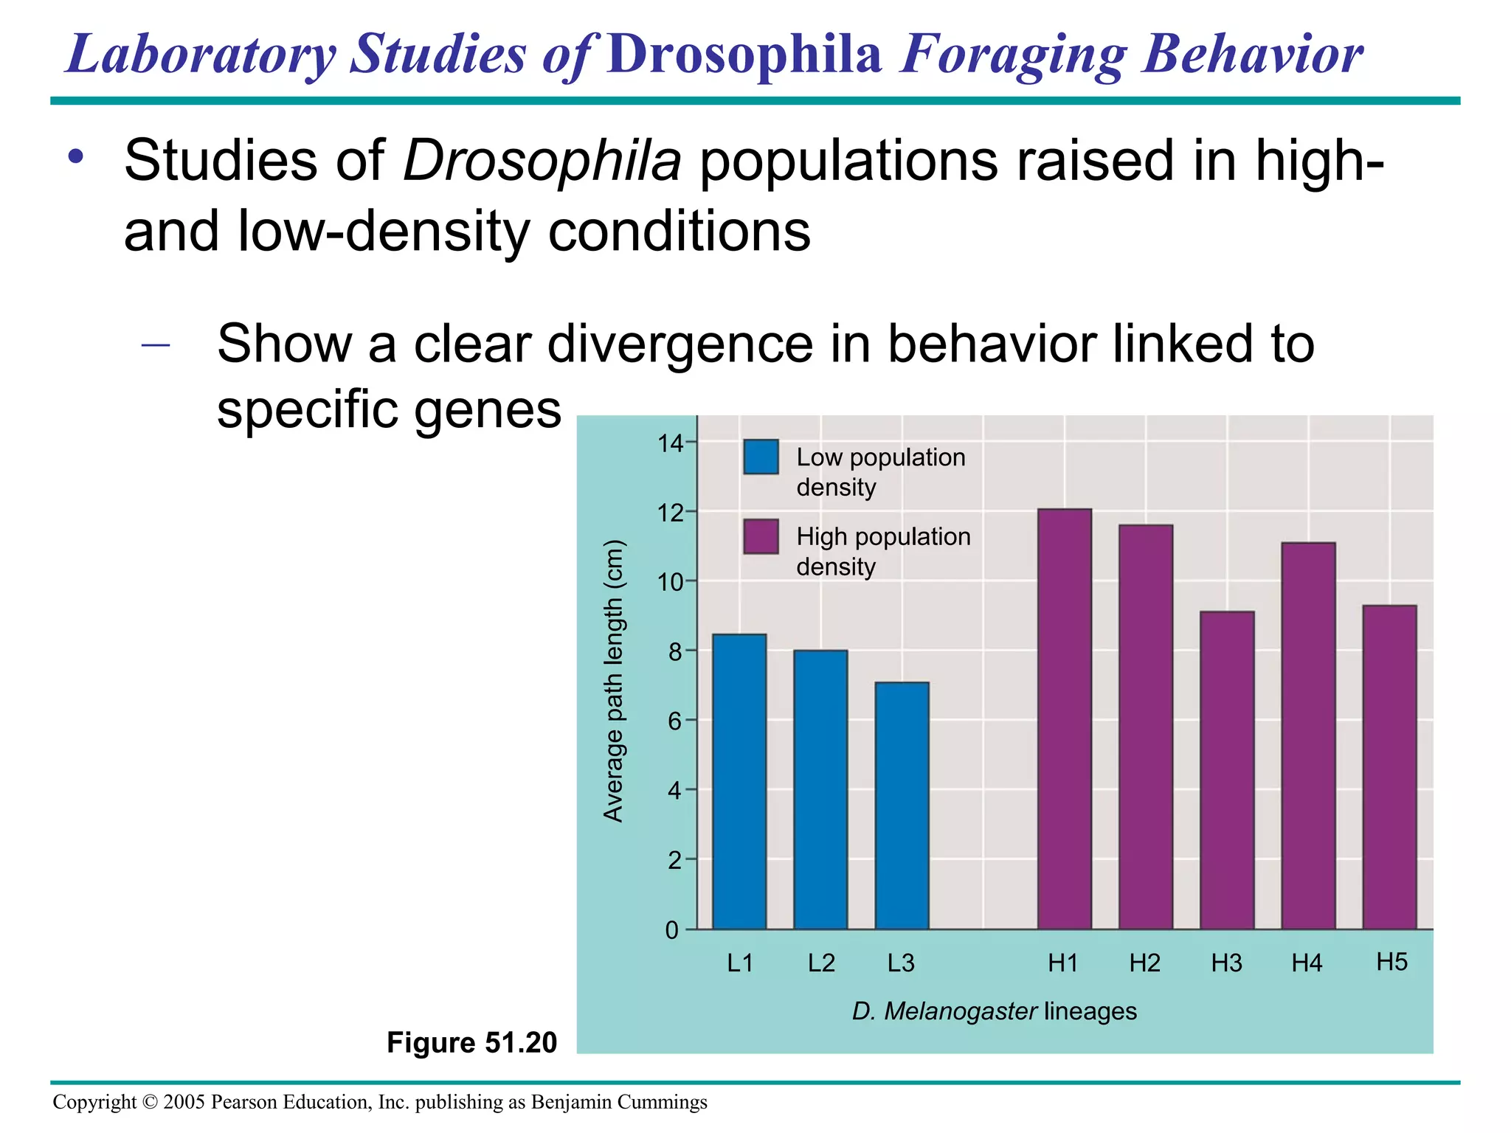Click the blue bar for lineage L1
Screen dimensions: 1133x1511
click(x=739, y=782)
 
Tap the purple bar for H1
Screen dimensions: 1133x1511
click(x=1064, y=719)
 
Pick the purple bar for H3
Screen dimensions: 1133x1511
click(x=1226, y=770)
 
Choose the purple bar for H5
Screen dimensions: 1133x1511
click(x=1389, y=767)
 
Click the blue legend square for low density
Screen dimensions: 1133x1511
click(x=761, y=457)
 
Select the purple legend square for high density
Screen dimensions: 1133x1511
click(x=761, y=536)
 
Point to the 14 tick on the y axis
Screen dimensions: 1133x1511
click(x=671, y=443)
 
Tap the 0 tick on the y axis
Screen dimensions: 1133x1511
click(x=672, y=930)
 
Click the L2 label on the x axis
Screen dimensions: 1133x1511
click(x=821, y=963)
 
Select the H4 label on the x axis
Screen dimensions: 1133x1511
click(x=1307, y=963)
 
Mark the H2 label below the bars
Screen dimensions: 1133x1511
click(x=1144, y=963)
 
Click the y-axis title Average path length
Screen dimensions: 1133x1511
click(x=614, y=681)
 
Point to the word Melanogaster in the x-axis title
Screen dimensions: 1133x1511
click(x=960, y=1011)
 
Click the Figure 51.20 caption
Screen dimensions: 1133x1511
click(x=471, y=1042)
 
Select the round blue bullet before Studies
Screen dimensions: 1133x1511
click(x=75, y=156)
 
